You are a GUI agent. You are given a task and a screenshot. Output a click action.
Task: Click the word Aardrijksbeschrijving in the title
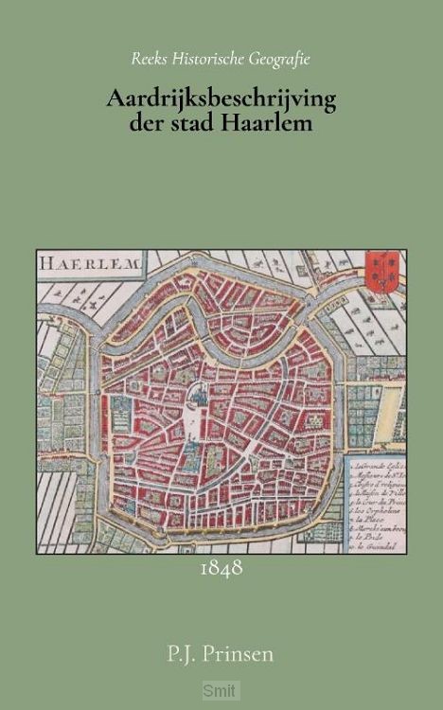pyautogui.click(x=221, y=97)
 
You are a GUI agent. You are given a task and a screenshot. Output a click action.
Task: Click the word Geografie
pyautogui.click(x=282, y=59)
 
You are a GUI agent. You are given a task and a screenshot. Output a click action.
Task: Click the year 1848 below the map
pyautogui.click(x=222, y=569)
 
